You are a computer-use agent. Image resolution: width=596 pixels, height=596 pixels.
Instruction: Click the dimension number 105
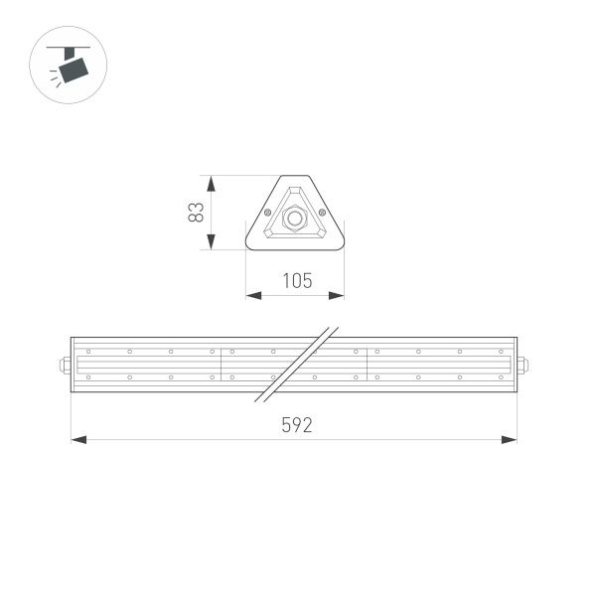(x=296, y=280)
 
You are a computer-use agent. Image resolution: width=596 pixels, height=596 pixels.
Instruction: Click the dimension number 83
(x=197, y=213)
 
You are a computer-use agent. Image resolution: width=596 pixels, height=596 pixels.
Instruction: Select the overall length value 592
(x=296, y=425)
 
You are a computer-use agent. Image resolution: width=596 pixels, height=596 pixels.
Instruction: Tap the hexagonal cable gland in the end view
(x=294, y=216)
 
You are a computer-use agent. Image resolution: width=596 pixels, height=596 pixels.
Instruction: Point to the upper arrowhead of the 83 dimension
(x=211, y=182)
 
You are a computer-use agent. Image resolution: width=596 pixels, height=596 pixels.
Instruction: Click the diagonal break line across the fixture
(x=298, y=363)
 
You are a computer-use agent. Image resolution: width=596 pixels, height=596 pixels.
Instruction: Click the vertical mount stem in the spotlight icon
(x=72, y=52)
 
